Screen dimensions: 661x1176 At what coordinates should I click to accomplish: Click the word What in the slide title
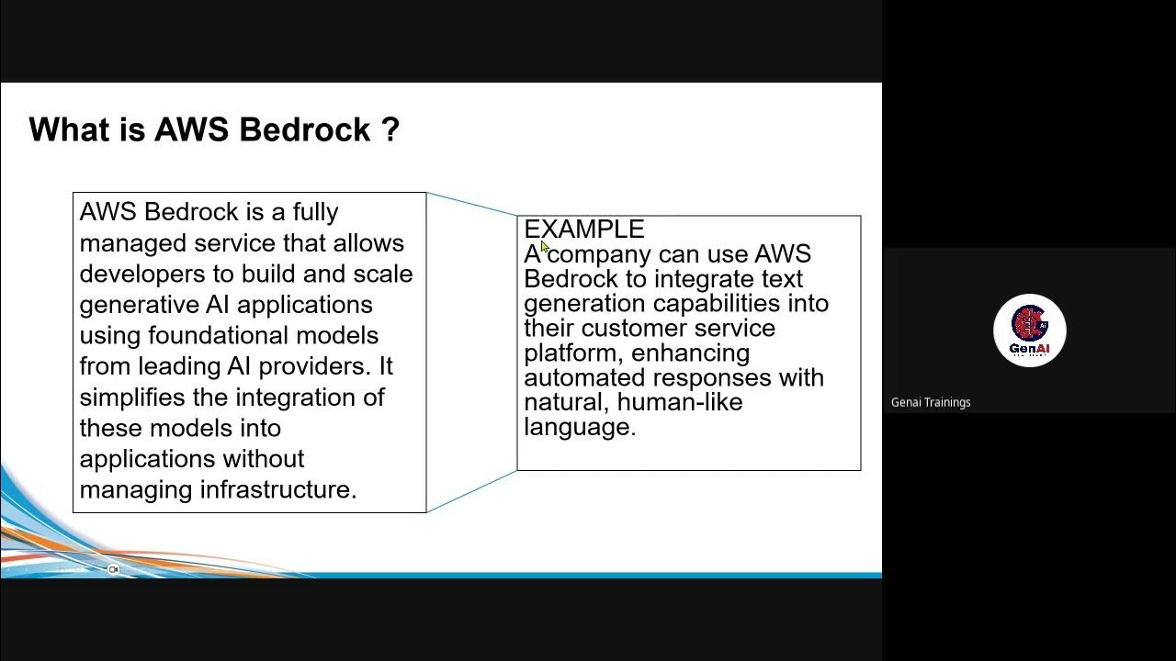tap(68, 129)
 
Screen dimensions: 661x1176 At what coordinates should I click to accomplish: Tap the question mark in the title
tap(390, 129)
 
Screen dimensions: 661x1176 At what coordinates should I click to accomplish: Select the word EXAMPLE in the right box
tap(584, 229)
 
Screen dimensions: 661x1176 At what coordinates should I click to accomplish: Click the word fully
tap(315, 212)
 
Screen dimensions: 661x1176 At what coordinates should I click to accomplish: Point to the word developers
tap(138, 274)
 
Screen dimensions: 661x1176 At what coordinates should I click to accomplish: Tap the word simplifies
tap(131, 397)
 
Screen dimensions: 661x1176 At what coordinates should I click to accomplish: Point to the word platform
tap(571, 353)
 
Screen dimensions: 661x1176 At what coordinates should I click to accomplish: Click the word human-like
tap(679, 402)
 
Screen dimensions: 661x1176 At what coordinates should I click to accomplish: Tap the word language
tap(580, 427)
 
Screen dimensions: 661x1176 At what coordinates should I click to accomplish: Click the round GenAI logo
tap(1029, 330)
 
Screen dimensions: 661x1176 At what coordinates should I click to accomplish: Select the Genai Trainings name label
tap(931, 402)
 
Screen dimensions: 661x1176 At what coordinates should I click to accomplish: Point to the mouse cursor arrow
tap(544, 247)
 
